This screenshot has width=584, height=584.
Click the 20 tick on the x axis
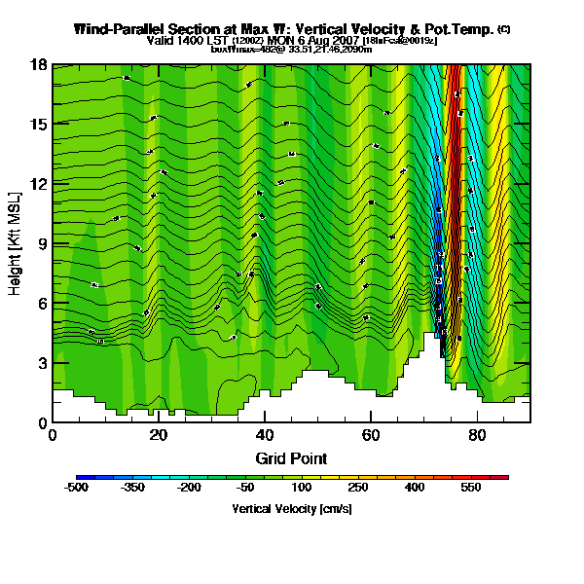pyautogui.click(x=159, y=435)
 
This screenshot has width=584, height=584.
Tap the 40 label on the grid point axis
pyautogui.click(x=265, y=435)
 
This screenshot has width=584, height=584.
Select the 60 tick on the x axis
pyautogui.click(x=371, y=435)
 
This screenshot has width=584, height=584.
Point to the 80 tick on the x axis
pyautogui.click(x=477, y=435)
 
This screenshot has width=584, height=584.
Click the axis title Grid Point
pyautogui.click(x=291, y=457)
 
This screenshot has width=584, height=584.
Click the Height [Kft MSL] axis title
pyautogui.click(x=16, y=243)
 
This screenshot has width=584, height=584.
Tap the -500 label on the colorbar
pyautogui.click(x=76, y=488)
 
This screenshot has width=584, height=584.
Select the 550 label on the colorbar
pyautogui.click(x=471, y=488)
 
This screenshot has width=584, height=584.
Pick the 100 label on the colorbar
pyautogui.click(x=302, y=488)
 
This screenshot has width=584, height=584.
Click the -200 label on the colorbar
pyautogui.click(x=188, y=488)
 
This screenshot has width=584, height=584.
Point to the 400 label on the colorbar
pyautogui.click(x=415, y=488)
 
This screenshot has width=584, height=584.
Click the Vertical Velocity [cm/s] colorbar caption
pyautogui.click(x=291, y=509)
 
